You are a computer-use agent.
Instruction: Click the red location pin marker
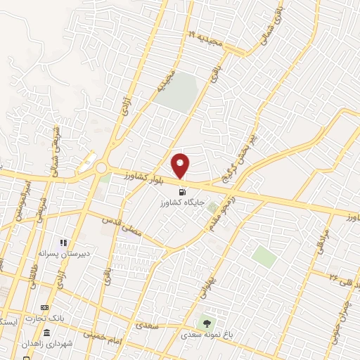(x=181, y=166)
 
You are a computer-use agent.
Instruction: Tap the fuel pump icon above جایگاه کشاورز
(x=182, y=191)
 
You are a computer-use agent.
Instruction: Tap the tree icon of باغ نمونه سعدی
(x=207, y=323)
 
